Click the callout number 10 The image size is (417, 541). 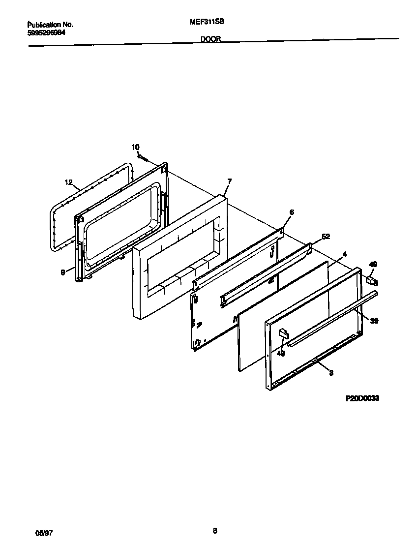[135, 147]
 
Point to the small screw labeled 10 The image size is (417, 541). [142, 157]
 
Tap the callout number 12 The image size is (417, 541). [69, 182]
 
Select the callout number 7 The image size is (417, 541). [229, 181]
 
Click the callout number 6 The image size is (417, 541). [292, 212]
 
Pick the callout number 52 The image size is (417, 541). [326, 236]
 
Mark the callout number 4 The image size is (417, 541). [345, 254]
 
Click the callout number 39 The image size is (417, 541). [374, 321]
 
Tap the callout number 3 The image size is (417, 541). [331, 373]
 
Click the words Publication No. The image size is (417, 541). [50, 24]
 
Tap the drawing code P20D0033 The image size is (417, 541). [362, 399]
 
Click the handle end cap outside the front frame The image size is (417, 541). [372, 281]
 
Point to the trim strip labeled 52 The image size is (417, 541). [266, 274]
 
